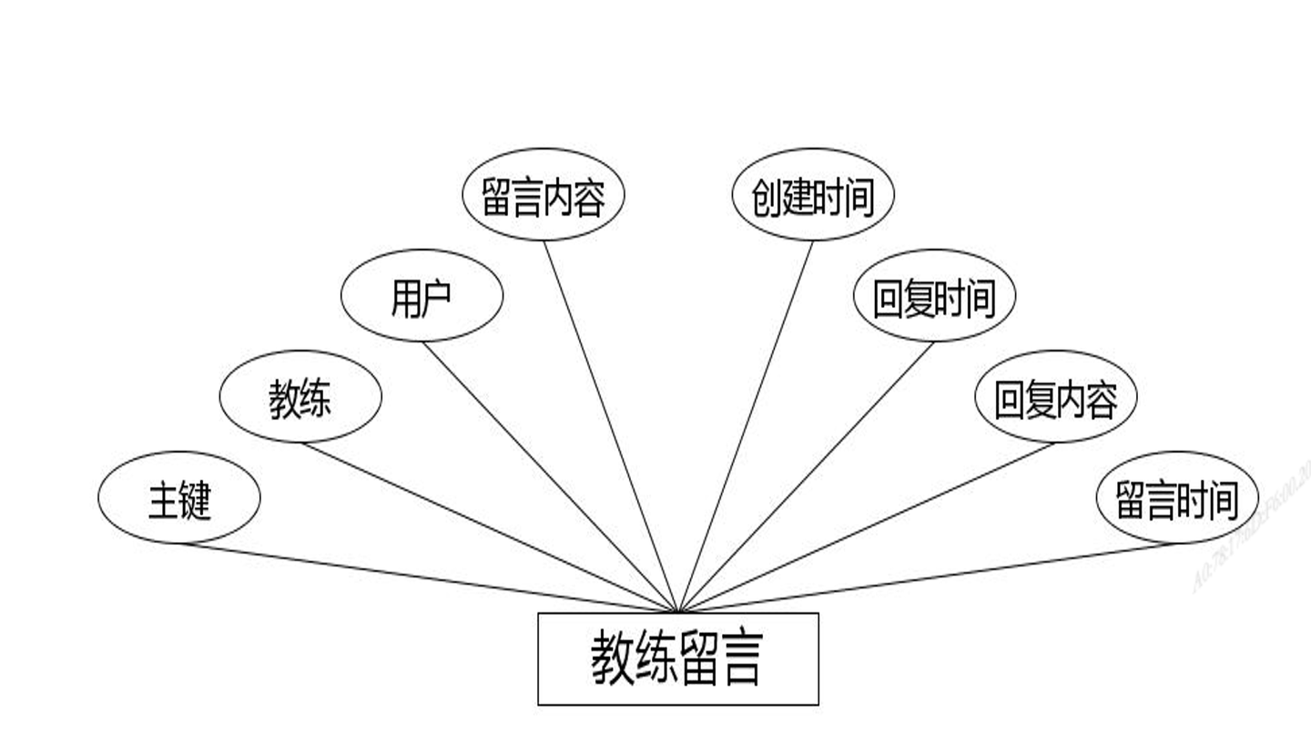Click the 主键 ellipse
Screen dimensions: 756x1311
(179, 497)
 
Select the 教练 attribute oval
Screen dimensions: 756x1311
(300, 397)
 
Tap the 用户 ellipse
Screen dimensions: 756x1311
(422, 296)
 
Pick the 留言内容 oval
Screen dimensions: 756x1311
(544, 195)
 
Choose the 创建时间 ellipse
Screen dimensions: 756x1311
(813, 195)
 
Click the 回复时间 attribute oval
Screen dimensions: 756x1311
(934, 296)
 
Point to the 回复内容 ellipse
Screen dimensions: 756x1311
(1055, 397)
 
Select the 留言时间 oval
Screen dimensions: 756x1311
(1177, 497)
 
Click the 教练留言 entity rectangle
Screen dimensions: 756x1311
(678, 659)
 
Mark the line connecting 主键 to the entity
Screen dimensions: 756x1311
(428, 577)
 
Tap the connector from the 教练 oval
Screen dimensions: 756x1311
(489, 526)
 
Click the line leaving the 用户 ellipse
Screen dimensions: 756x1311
(550, 476)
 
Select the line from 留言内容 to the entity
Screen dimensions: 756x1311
(611, 426)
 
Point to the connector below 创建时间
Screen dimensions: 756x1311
(746, 426)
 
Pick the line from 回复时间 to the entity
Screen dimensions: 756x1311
(807, 476)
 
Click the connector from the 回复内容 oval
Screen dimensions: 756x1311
(867, 526)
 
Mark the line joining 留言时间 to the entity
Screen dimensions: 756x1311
(929, 577)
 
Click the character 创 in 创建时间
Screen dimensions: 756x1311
(767, 197)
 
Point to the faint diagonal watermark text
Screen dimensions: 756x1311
(1252, 528)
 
